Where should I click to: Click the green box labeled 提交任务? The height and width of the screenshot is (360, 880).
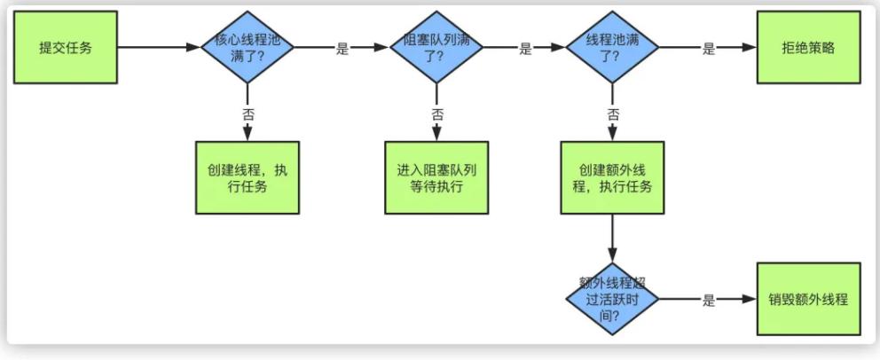click(x=66, y=48)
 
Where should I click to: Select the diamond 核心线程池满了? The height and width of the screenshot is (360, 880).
click(x=247, y=48)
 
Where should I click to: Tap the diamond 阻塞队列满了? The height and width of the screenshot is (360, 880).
click(x=436, y=48)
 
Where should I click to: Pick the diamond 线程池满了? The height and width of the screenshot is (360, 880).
click(x=612, y=48)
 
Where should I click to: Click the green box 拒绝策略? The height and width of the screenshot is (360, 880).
click(x=808, y=48)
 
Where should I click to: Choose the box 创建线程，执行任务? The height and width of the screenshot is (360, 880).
click(x=247, y=177)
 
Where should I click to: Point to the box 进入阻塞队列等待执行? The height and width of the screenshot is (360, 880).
click(x=436, y=177)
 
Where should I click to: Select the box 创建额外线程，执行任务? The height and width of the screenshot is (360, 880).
click(x=612, y=177)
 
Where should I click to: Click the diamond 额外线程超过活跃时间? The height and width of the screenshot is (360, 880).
click(x=612, y=299)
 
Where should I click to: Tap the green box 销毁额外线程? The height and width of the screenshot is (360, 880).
click(x=808, y=299)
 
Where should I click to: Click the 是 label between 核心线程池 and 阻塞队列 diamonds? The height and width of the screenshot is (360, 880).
click(x=342, y=50)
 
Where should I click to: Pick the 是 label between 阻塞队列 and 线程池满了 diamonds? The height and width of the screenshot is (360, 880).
click(x=525, y=50)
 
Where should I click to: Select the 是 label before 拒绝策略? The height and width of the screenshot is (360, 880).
click(x=708, y=50)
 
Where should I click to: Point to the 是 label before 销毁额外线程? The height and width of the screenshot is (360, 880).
click(x=708, y=301)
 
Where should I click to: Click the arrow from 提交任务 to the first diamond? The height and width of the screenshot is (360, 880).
click(x=160, y=48)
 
